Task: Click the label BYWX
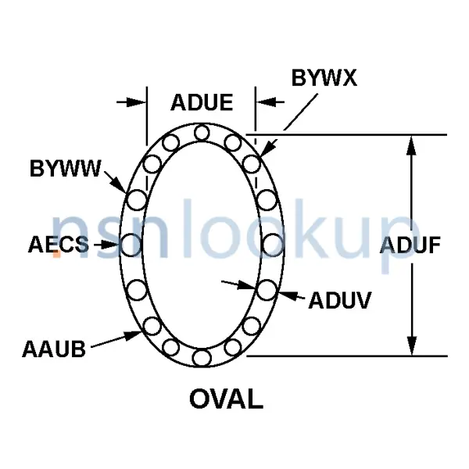click(324, 77)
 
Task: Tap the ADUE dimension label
click(202, 102)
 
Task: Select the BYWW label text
click(66, 168)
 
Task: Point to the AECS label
click(59, 245)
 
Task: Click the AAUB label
click(54, 349)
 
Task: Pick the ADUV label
click(340, 300)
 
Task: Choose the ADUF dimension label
click(410, 245)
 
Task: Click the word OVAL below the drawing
click(227, 399)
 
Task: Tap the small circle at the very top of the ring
click(202, 133)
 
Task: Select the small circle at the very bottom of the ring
click(202, 358)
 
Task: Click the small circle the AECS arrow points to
click(131, 245)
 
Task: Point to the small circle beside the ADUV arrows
click(267, 290)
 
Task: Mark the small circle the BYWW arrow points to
click(137, 200)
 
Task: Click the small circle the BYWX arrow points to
click(252, 163)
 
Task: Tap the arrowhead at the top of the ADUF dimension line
click(412, 145)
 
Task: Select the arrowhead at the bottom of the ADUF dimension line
click(412, 345)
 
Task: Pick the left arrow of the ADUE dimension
click(131, 102)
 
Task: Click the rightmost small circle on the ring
click(273, 245)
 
